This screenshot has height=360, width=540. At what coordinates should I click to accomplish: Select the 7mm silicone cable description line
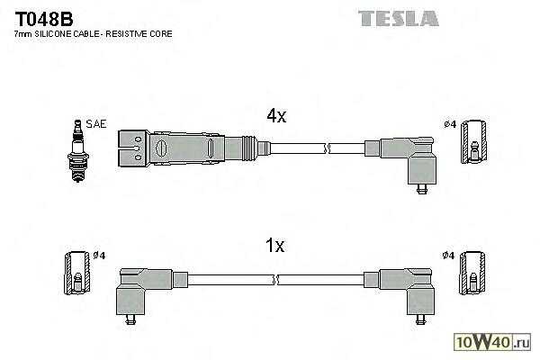[94, 33]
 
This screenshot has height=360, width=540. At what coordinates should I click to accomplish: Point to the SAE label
[95, 123]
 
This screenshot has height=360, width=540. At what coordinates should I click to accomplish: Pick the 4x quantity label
[275, 115]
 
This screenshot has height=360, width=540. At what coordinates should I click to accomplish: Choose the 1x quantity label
[275, 244]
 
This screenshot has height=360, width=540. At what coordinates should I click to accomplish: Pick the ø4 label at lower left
[99, 256]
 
